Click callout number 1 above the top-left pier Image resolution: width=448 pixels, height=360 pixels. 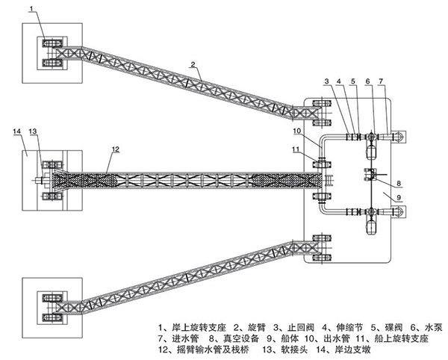[32, 8]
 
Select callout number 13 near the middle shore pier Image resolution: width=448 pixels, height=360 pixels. [32, 131]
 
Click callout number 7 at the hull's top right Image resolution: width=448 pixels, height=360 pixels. [381, 80]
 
